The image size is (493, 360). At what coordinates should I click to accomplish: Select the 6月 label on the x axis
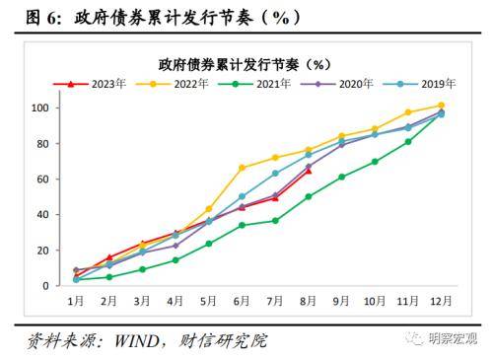point(242,300)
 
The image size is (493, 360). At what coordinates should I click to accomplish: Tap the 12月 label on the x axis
point(440,300)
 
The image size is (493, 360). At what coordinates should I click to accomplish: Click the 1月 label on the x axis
point(76,300)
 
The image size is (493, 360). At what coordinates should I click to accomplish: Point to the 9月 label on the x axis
point(341,300)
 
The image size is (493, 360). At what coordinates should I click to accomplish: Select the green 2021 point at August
point(308,196)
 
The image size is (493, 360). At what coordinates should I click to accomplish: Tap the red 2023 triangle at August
point(308,171)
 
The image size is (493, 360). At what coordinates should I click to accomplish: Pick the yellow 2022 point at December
point(440,105)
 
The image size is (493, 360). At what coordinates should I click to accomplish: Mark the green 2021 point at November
point(407,141)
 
